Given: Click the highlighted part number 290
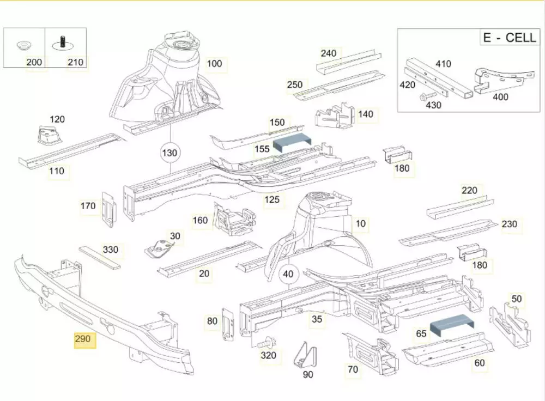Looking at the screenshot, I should (x=82, y=339).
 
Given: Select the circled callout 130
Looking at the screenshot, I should (x=170, y=153).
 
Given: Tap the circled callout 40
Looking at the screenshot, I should (x=288, y=275).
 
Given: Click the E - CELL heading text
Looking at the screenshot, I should (x=509, y=38).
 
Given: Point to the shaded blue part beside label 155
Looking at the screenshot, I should (x=292, y=143).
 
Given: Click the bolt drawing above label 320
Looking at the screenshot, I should (x=266, y=343).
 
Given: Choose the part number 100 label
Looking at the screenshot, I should (x=215, y=63).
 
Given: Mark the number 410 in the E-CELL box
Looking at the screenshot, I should (x=443, y=64).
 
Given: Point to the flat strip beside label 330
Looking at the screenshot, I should (x=101, y=258).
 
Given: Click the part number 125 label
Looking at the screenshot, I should (x=272, y=200).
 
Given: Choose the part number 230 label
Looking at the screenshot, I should (x=509, y=224).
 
